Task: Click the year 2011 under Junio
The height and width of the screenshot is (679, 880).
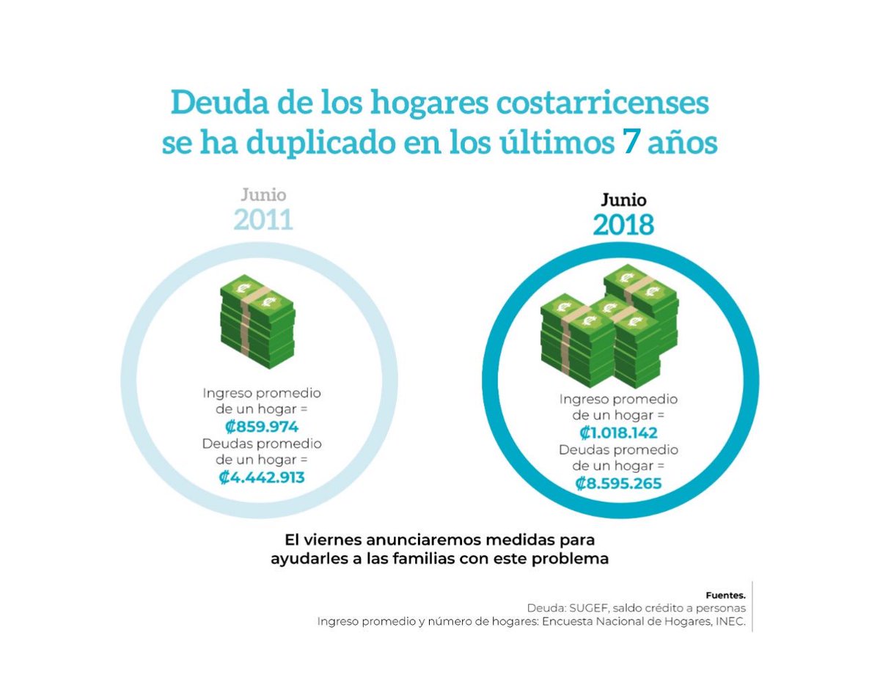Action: click(263, 219)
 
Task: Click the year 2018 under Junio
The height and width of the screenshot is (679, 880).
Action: click(623, 224)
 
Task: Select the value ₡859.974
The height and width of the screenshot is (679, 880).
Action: click(262, 427)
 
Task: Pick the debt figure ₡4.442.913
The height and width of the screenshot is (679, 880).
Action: click(262, 477)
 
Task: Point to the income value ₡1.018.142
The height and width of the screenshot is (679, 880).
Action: click(618, 433)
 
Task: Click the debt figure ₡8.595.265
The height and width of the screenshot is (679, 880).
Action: click(618, 483)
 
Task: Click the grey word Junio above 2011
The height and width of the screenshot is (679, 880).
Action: click(263, 195)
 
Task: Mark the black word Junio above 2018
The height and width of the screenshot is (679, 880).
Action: click(623, 199)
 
